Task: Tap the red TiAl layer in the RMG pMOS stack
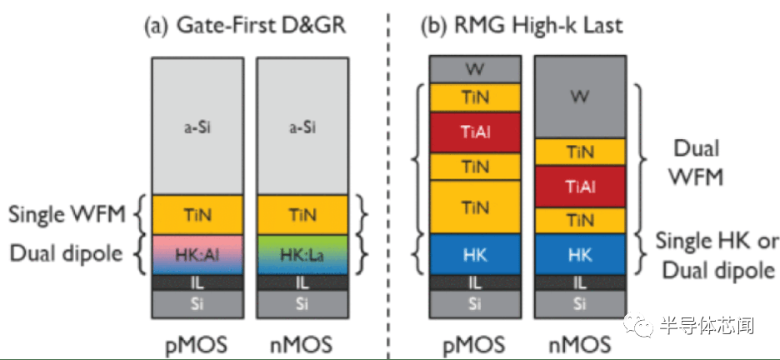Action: pos(475,132)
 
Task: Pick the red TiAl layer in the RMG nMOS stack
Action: pos(579,187)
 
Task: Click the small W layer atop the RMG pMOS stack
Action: pos(475,68)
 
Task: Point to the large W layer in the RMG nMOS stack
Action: pos(579,97)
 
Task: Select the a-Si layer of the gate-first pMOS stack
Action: pos(197,127)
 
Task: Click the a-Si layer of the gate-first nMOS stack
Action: pos(302,127)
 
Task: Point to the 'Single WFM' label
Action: pos(67,214)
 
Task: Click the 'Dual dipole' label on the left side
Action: pos(67,252)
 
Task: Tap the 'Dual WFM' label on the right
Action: pos(698,163)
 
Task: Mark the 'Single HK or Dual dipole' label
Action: pos(715,255)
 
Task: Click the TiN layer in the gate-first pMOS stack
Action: pos(197,214)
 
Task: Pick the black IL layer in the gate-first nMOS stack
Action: pos(302,283)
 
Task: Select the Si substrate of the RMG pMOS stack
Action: pos(475,304)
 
